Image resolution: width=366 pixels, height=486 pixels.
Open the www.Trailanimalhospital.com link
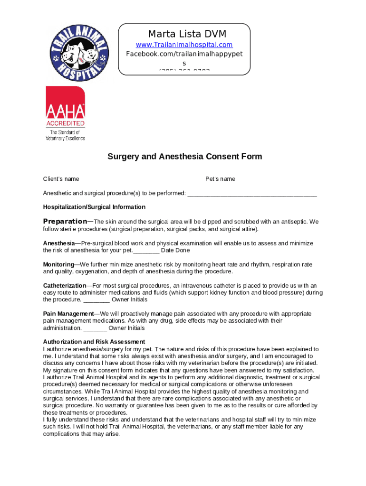point(184,45)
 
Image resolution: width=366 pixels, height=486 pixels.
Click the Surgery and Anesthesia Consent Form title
point(184,156)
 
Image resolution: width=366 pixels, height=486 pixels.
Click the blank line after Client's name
point(142,179)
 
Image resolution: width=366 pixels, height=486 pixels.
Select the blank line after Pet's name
point(276,179)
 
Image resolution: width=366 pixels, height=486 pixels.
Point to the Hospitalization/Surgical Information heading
point(94,207)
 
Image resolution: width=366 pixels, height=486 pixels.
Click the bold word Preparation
point(65,221)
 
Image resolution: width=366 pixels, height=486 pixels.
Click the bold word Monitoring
point(58,264)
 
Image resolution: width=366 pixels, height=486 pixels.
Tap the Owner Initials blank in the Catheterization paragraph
point(96,300)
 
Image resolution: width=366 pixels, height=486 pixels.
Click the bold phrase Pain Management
point(68,314)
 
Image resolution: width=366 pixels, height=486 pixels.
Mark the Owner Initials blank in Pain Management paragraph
point(95,328)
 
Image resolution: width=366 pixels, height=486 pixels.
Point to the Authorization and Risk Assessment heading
point(94,342)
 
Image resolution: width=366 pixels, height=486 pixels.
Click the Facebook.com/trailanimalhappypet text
point(184,54)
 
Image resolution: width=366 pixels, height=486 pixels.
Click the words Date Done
point(175,250)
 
